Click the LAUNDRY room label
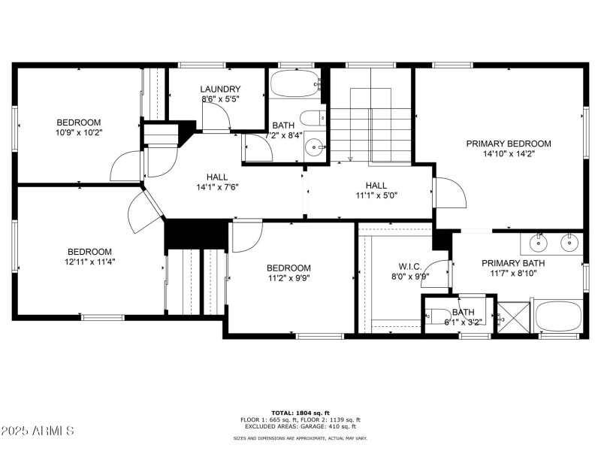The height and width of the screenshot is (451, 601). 220,89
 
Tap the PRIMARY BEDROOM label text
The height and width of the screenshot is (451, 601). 509,144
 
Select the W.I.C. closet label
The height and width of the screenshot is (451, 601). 409,266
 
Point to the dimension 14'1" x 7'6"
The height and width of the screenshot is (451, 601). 218,187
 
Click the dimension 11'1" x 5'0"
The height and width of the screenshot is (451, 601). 376,195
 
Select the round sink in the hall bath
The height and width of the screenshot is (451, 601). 314,148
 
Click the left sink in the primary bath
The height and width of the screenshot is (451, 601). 539,242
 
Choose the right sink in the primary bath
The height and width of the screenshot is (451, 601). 570,242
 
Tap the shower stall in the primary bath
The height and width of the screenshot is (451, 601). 513,316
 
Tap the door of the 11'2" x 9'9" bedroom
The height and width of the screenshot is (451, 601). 246,235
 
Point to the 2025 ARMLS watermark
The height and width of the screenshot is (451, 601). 38,431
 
